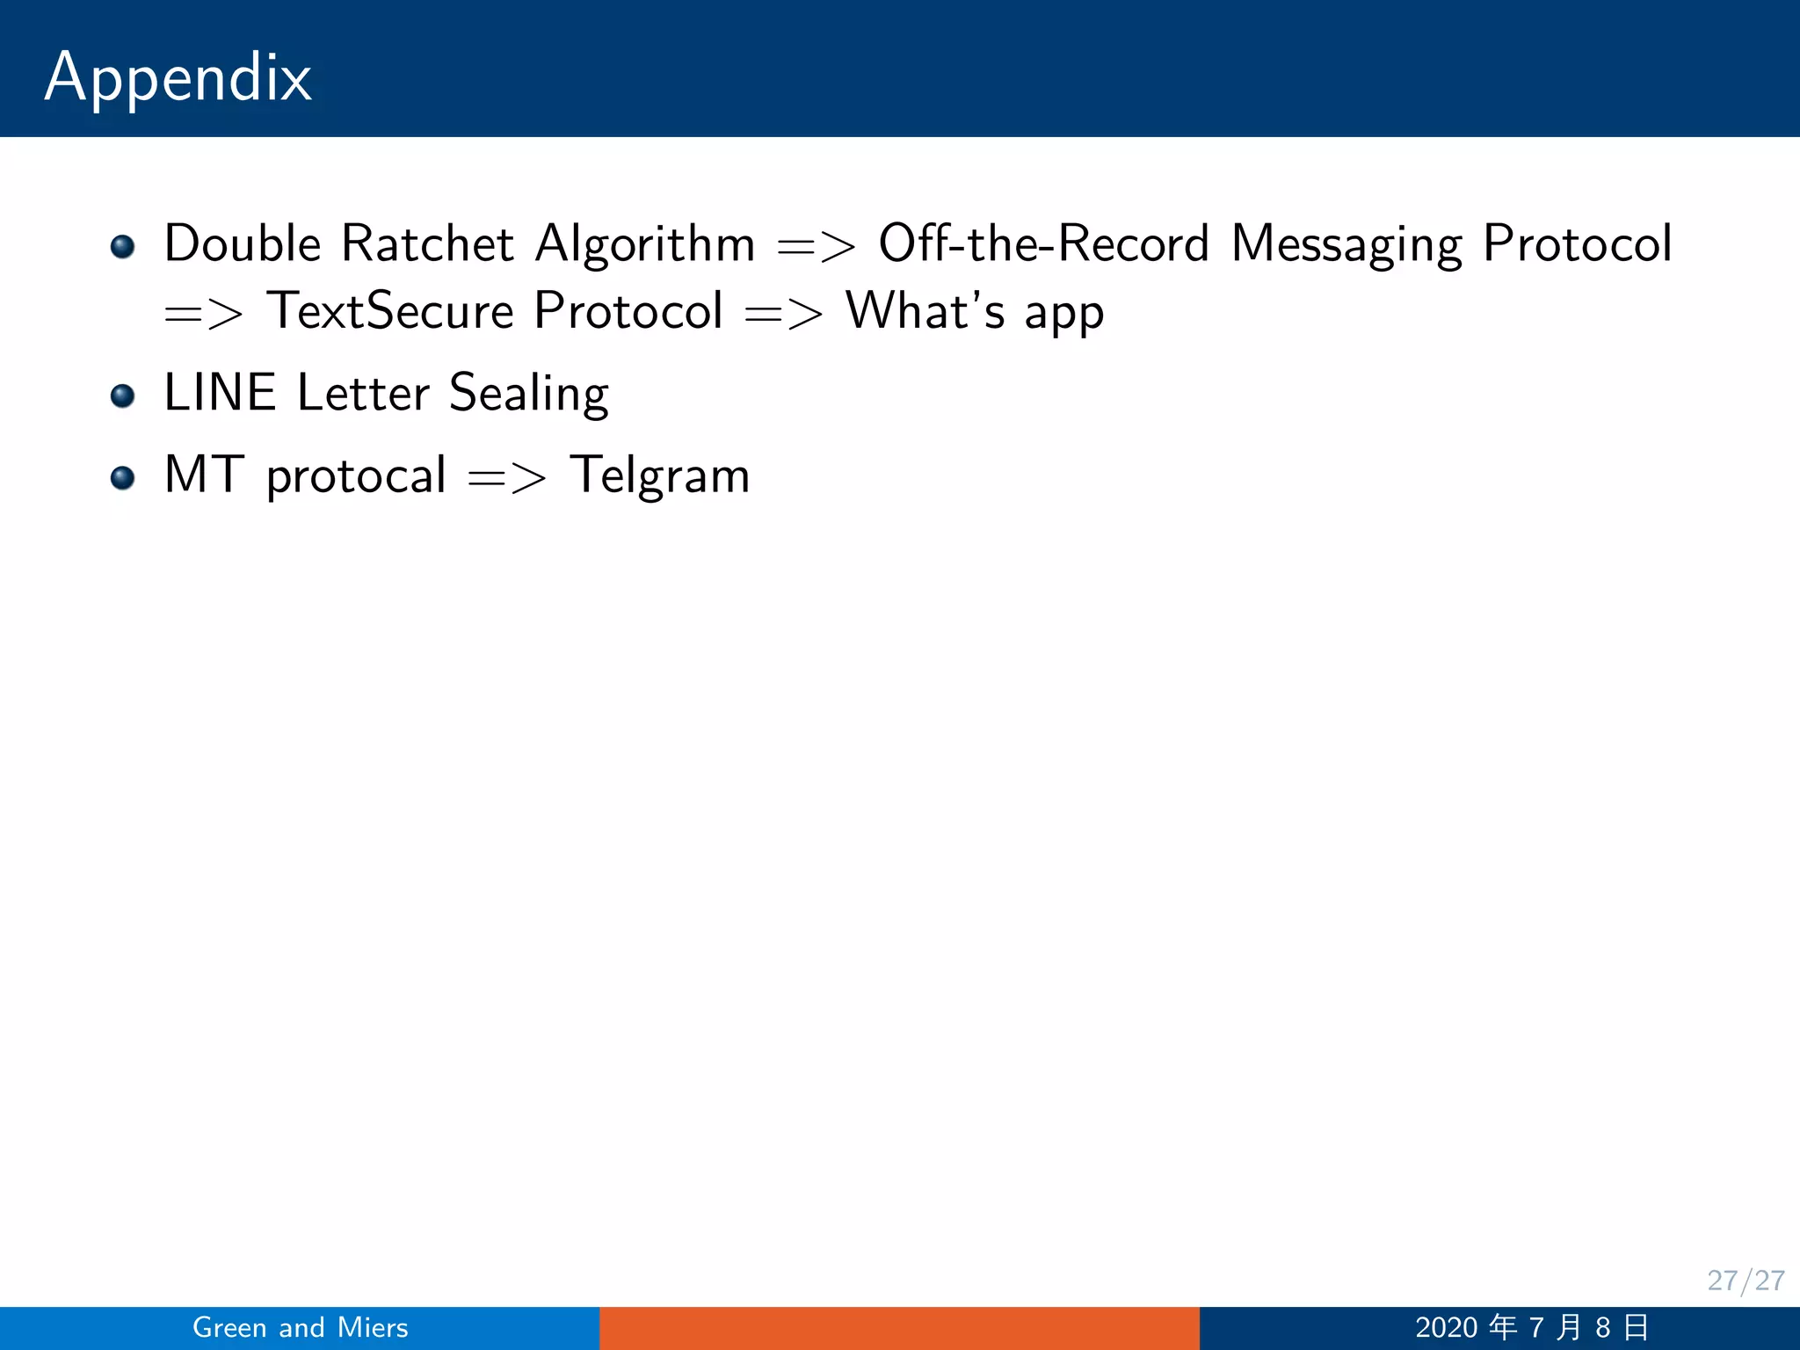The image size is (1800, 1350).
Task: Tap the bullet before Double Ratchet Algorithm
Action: click(x=123, y=246)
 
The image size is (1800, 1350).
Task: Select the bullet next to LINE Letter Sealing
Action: click(x=123, y=396)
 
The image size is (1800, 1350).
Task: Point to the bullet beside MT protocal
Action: click(x=123, y=478)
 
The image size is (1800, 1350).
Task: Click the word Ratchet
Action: click(x=427, y=243)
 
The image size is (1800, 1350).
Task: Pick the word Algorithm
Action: click(x=645, y=245)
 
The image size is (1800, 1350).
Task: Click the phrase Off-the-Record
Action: click(x=1044, y=243)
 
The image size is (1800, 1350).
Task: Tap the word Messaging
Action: click(x=1346, y=245)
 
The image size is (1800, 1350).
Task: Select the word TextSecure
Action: click(x=390, y=311)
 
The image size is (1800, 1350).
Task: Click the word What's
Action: click(x=925, y=311)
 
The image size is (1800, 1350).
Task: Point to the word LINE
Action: click(x=220, y=393)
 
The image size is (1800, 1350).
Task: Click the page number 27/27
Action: click(x=1746, y=1281)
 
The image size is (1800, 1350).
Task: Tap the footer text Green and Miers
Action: click(x=301, y=1327)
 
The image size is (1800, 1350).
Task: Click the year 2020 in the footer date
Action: click(x=1446, y=1327)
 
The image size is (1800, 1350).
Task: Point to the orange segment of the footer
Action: click(x=899, y=1328)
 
